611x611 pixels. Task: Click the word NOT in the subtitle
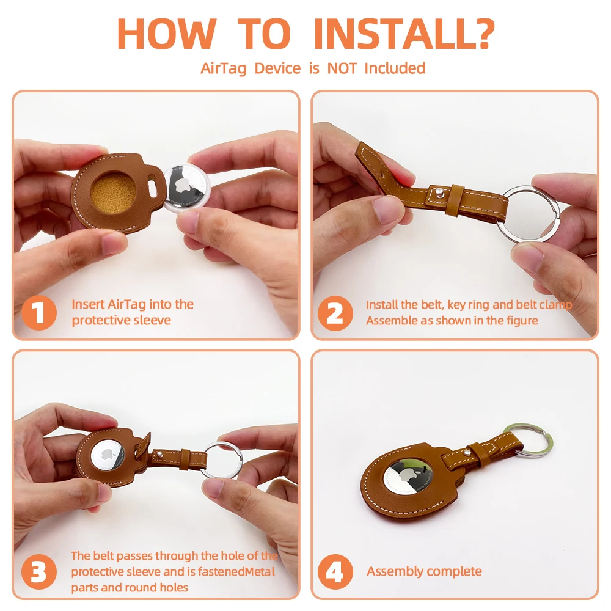[342, 68]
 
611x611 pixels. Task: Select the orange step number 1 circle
[39, 312]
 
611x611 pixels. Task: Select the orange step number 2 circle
[335, 313]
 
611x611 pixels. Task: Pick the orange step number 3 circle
[39, 572]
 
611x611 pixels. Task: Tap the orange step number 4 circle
[335, 572]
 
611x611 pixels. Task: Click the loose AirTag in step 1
[185, 188]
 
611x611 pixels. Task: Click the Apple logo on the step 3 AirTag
[108, 455]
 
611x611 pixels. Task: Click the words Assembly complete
[424, 572]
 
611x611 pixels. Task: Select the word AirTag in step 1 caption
[126, 304]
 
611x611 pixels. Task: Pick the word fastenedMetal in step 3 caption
[236, 572]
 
